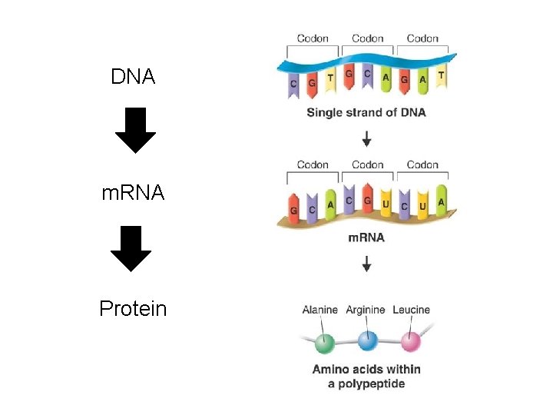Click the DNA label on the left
click(133, 77)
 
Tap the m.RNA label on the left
click(133, 192)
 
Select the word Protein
click(133, 309)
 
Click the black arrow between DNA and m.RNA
click(135, 131)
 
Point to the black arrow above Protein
click(135, 248)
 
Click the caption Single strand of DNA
click(366, 112)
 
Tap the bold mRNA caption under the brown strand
click(366, 237)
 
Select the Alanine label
click(320, 310)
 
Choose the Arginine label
click(366, 310)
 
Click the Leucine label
click(412, 310)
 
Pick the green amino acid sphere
click(326, 342)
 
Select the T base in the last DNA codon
click(441, 78)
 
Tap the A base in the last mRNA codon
click(441, 203)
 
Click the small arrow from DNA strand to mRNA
click(367, 138)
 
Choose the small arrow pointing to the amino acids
click(367, 264)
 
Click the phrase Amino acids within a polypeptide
click(366, 376)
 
